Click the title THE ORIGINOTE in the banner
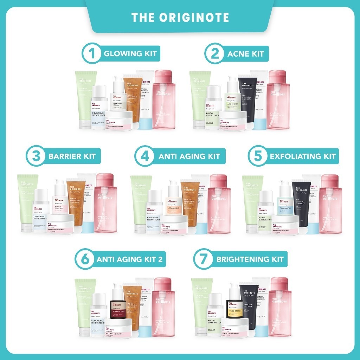(x=180, y=18)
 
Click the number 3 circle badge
(x=36, y=156)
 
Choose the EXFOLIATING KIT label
(x=303, y=156)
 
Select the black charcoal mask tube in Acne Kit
(x=248, y=98)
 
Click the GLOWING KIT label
(x=129, y=54)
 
